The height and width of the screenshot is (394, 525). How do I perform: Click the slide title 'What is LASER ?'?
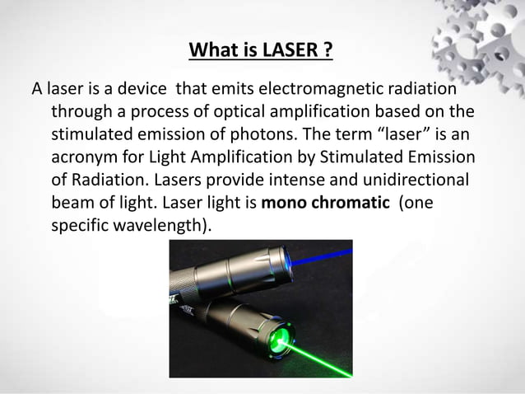[x=261, y=52]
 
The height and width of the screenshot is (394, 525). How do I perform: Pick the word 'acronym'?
[x=85, y=157]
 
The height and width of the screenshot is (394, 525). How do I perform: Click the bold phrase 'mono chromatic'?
[x=325, y=202]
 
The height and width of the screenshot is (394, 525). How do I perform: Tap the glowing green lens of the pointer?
[x=282, y=338]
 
